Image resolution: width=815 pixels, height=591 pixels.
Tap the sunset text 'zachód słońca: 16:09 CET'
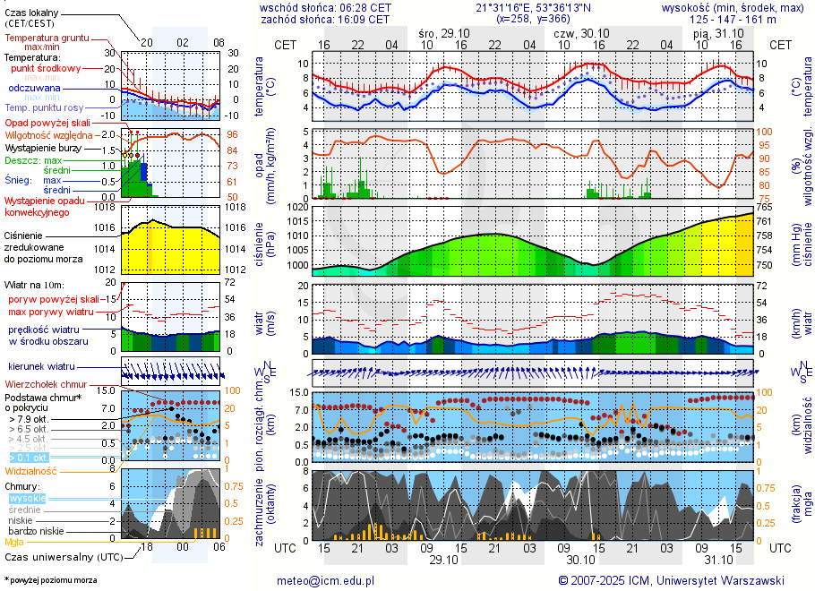click(x=324, y=18)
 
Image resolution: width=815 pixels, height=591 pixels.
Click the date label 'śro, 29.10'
click(x=442, y=32)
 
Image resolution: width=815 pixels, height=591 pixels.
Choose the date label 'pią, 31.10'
click(x=713, y=32)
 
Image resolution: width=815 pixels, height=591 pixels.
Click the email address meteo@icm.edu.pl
click(x=326, y=580)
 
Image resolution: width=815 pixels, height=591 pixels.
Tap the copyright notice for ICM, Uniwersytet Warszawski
click(x=671, y=580)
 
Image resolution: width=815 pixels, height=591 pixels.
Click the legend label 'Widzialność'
click(x=30, y=470)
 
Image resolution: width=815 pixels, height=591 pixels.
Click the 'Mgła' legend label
click(x=14, y=542)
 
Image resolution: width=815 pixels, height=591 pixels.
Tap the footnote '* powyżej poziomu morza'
click(x=51, y=580)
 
